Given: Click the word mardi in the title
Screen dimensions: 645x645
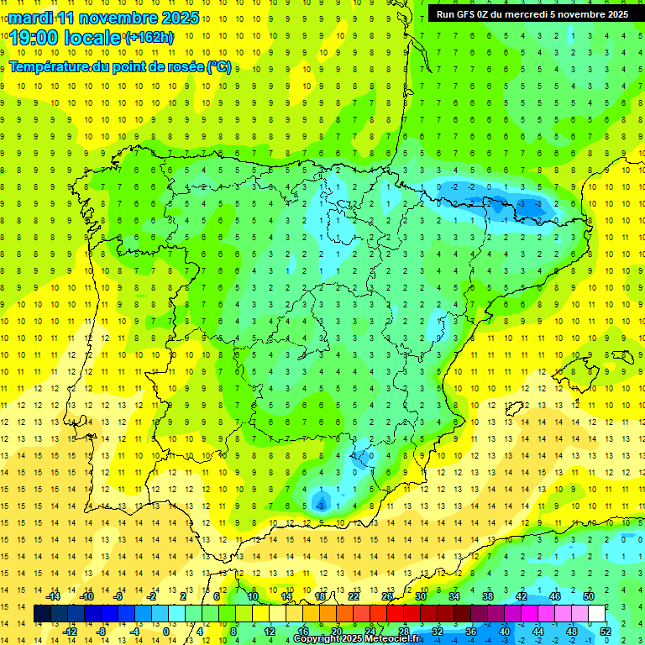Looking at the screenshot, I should [31, 18].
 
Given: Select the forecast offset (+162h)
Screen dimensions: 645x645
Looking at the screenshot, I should [149, 38].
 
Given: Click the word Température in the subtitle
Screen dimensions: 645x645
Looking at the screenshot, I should [50, 66].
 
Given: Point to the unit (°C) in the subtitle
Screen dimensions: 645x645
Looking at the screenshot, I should [218, 66].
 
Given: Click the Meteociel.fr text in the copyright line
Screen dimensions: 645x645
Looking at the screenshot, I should [393, 639].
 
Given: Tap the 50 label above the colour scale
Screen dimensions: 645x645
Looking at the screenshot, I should [589, 596].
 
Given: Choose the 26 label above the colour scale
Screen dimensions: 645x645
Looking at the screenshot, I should [387, 596].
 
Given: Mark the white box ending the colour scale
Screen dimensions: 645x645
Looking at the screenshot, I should [597, 614].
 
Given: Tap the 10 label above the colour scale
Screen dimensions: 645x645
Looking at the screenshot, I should [253, 596].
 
